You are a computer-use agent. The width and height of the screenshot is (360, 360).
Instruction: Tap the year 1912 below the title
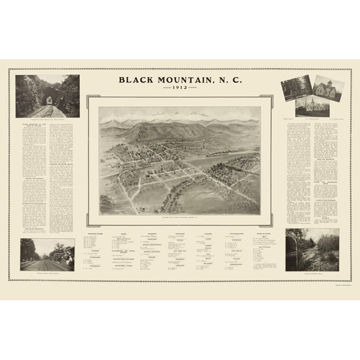tap(180, 89)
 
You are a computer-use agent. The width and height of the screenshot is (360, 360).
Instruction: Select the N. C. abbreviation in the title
tap(227, 80)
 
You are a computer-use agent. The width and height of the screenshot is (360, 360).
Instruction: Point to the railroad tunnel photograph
tap(48, 96)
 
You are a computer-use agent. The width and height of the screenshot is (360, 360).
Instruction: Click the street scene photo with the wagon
tap(47, 254)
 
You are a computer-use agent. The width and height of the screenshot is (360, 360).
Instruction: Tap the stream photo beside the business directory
tap(312, 249)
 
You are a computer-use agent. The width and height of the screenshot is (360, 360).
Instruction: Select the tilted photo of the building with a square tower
tap(328, 89)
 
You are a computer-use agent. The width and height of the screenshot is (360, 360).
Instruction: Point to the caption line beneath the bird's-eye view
tap(180, 217)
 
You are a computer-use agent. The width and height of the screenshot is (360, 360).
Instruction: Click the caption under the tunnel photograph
tap(47, 120)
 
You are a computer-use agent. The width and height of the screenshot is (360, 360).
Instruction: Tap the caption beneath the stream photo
tap(312, 274)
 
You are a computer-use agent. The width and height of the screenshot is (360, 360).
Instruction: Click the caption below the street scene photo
tap(47, 274)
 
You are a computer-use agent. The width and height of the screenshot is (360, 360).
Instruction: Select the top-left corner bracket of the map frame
tap(90, 99)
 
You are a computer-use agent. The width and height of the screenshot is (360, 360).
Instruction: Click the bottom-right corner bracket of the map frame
tap(270, 223)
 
